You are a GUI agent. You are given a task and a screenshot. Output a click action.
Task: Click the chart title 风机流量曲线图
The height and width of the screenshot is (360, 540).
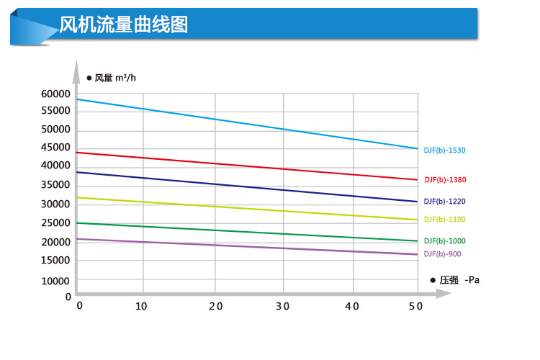pyautogui.click(x=124, y=26)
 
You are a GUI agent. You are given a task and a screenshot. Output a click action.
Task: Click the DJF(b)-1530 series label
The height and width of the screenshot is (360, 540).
pyautogui.click(x=445, y=150)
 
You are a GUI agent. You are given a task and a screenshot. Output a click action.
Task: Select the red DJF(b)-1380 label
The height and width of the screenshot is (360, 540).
pyautogui.click(x=445, y=180)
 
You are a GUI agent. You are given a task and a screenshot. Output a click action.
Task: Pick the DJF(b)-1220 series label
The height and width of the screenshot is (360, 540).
pyautogui.click(x=445, y=202)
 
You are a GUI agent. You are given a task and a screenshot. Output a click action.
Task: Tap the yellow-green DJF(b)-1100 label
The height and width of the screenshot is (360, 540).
pyautogui.click(x=445, y=220)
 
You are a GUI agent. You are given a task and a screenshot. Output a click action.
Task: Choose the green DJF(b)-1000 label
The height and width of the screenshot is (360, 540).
pyautogui.click(x=445, y=241)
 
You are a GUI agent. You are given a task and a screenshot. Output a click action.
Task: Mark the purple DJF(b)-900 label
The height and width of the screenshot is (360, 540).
pyautogui.click(x=442, y=254)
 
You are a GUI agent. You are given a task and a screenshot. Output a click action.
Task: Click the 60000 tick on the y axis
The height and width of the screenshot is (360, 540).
pyautogui.click(x=55, y=94)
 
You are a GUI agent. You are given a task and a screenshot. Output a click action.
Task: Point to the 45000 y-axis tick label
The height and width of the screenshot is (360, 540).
pyautogui.click(x=55, y=148)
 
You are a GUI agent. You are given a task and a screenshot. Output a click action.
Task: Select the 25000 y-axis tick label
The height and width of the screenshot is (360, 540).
pyautogui.click(x=55, y=222)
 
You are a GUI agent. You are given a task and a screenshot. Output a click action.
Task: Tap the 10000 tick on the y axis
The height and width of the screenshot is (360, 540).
pyautogui.click(x=55, y=281)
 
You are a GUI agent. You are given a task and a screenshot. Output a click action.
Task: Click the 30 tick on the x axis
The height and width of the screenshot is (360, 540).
pyautogui.click(x=282, y=306)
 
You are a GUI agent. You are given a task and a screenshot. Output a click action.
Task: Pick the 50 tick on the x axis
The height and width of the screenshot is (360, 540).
pyautogui.click(x=417, y=306)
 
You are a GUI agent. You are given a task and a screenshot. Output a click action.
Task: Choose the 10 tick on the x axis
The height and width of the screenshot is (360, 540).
pyautogui.click(x=142, y=306)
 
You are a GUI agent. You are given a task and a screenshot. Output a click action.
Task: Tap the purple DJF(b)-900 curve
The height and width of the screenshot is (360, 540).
pyautogui.click(x=245, y=246)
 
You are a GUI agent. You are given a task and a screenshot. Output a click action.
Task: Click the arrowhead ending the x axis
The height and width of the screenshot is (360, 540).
pyautogui.click(x=440, y=294)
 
